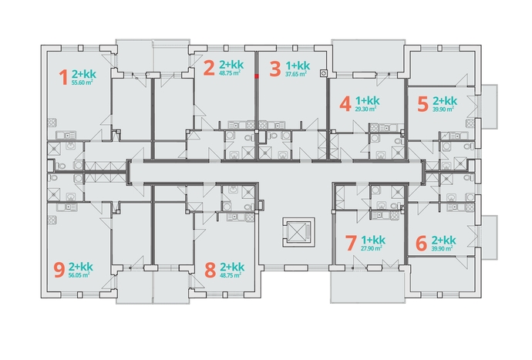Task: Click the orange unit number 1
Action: click(64, 77)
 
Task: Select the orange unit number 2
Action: click(209, 68)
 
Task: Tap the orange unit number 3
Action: click(275, 69)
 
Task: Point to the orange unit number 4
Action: click(345, 104)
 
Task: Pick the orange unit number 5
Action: click(423, 104)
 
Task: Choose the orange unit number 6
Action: click(421, 244)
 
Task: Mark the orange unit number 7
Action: click(351, 244)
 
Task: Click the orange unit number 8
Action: click(210, 270)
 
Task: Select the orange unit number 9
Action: click(59, 270)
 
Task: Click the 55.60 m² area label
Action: click(82, 82)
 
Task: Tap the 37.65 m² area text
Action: click(296, 74)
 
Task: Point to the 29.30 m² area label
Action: click(365, 109)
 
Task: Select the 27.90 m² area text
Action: click(372, 248)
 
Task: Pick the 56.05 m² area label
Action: click(79, 275)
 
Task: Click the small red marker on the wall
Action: click(257, 76)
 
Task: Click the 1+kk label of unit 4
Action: click(368, 101)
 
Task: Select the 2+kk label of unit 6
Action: click(444, 241)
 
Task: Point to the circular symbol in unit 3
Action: click(324, 73)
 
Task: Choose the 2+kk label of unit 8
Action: click(232, 267)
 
